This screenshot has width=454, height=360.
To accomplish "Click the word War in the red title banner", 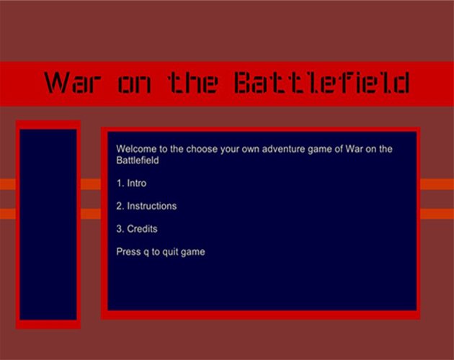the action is click(x=73, y=83).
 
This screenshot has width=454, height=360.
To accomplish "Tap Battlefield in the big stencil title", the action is click(x=322, y=83).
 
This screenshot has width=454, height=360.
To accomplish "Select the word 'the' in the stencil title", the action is click(x=193, y=83).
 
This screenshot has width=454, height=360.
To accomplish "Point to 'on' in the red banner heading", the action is click(x=135, y=85).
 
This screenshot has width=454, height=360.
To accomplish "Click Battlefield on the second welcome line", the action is click(x=138, y=161).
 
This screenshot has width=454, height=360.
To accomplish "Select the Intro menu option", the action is click(x=137, y=183).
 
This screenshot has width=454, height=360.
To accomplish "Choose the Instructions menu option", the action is click(x=152, y=206).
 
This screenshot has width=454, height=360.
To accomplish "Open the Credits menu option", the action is click(x=142, y=229).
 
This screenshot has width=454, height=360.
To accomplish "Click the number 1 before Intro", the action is click(x=120, y=183).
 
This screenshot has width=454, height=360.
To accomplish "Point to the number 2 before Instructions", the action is click(x=120, y=206).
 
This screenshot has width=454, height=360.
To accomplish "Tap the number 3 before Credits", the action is click(x=120, y=229).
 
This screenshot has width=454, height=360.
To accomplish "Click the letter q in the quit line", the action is click(x=146, y=252).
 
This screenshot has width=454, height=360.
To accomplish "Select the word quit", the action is click(x=170, y=252).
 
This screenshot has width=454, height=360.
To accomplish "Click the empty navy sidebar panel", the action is click(x=48, y=225).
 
